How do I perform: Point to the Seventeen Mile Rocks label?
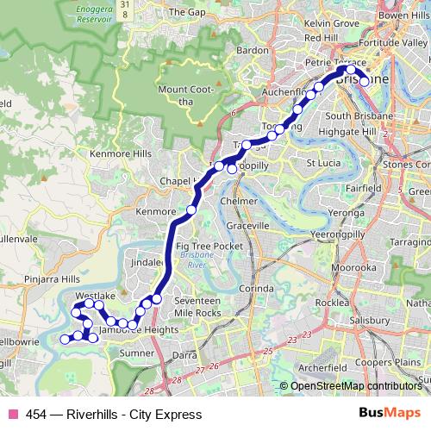(x=197, y=306)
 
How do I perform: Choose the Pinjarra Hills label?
(x=52, y=280)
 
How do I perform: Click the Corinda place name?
(x=256, y=288)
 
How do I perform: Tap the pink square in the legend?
(x=11, y=415)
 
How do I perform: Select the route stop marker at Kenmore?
(x=191, y=210)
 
